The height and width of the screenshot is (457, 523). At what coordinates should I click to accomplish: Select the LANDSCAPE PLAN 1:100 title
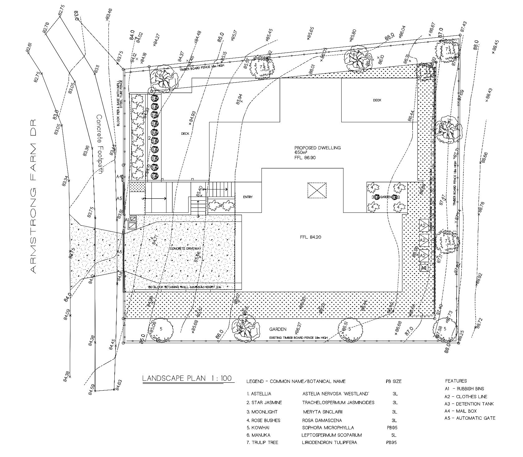click(187, 378)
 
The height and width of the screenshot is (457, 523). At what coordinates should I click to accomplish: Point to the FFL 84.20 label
click(310, 237)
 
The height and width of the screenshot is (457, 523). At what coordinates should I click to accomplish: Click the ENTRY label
click(248, 197)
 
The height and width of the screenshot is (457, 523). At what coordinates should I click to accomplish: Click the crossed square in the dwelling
click(317, 190)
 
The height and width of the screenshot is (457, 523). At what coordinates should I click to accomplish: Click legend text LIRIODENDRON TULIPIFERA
click(329, 442)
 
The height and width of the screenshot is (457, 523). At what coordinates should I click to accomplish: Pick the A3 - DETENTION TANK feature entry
click(469, 404)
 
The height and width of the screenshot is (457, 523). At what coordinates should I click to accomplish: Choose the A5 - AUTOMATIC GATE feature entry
click(470, 418)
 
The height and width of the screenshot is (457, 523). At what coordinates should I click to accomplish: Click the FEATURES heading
click(456, 381)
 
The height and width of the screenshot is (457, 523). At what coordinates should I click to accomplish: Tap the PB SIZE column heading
click(393, 381)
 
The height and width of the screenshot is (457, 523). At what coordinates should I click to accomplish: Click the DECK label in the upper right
click(377, 100)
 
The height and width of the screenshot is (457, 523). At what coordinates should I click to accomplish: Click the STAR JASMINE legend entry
click(264, 403)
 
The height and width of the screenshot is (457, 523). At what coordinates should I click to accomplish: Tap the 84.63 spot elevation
click(118, 383)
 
